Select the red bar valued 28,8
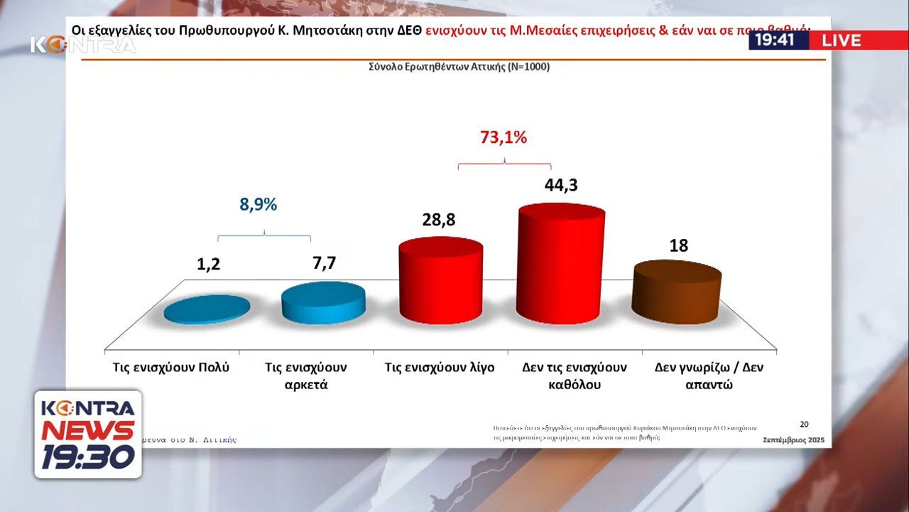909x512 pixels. point(441,282)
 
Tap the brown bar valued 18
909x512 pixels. point(677,292)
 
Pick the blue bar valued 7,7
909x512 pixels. point(324,302)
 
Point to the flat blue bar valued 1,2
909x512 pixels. point(207,309)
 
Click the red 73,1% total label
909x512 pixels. point(504,138)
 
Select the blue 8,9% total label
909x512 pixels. point(258,205)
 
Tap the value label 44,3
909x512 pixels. point(561,185)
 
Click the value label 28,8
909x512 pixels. point(438,220)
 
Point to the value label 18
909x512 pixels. point(679,245)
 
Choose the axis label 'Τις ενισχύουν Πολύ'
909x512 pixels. point(171,368)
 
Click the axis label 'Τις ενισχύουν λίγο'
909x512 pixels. point(440,368)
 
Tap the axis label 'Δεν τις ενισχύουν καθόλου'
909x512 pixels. point(575,376)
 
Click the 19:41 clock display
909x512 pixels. point(775,40)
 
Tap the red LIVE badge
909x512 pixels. point(842,40)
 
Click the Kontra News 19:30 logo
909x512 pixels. point(88,434)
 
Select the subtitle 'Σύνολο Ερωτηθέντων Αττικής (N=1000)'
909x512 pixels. point(459,67)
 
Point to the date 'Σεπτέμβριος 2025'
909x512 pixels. point(793,441)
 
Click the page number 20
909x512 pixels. point(804,425)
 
